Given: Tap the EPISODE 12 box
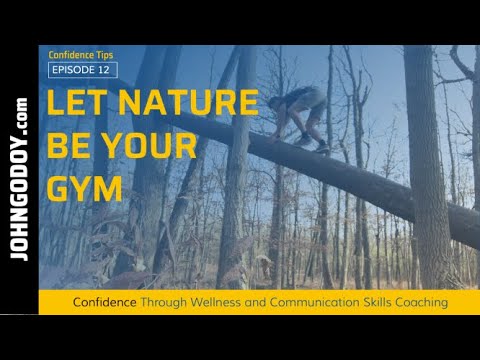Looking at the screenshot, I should [82, 69].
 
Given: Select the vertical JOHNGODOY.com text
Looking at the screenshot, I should [20, 179].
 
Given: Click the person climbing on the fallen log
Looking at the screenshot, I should [301, 115].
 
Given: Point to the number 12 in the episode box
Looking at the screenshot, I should [104, 69].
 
